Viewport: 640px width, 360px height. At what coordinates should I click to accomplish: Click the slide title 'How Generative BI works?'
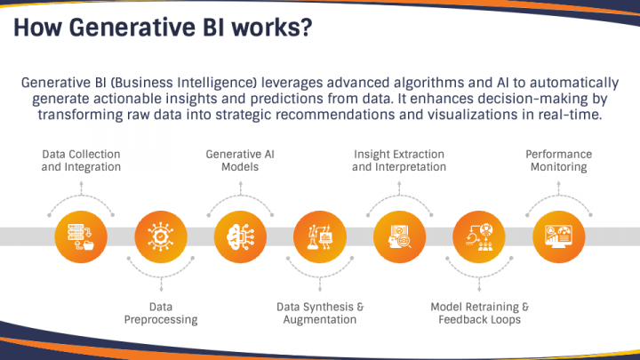(x=162, y=28)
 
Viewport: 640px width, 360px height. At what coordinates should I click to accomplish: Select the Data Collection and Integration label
(x=81, y=160)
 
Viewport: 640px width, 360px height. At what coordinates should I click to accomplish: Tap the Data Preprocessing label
(x=161, y=313)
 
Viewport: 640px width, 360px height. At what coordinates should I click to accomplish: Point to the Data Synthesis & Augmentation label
(x=319, y=313)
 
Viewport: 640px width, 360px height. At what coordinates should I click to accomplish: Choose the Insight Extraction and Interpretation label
(x=398, y=160)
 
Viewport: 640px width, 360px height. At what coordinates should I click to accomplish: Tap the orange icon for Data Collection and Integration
(x=81, y=236)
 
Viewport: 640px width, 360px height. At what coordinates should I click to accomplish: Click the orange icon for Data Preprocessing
(x=161, y=236)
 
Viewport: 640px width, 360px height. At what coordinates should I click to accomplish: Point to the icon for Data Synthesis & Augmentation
(x=319, y=236)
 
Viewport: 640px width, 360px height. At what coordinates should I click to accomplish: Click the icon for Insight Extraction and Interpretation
(x=398, y=236)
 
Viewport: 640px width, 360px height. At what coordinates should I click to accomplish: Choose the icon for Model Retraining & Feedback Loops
(x=477, y=236)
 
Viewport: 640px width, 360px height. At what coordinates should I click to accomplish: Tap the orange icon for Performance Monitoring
(x=556, y=236)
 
